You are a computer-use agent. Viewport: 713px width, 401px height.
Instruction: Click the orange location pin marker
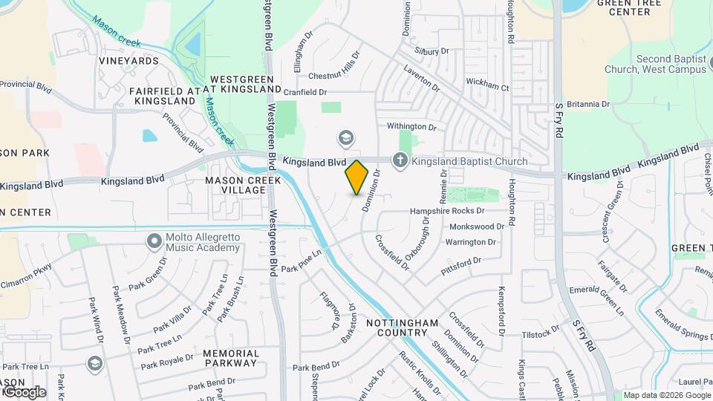pos(357,177)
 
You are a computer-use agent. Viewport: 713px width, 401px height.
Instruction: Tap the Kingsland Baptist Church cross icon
pos(400,160)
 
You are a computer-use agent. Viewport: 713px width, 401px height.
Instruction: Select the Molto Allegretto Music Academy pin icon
pos(154,241)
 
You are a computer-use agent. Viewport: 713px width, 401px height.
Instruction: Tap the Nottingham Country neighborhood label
pos(402,328)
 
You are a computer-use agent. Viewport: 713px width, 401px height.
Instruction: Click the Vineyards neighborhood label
pos(128,60)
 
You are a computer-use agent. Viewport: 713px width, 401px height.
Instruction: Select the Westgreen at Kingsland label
pos(246,84)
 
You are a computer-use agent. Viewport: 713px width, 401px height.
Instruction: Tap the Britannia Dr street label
pos(587,105)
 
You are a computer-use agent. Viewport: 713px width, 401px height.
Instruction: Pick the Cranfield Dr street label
pos(305,92)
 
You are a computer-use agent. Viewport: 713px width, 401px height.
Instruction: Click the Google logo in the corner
pos(24,391)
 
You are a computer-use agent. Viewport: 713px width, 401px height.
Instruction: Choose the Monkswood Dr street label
pos(477,226)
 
